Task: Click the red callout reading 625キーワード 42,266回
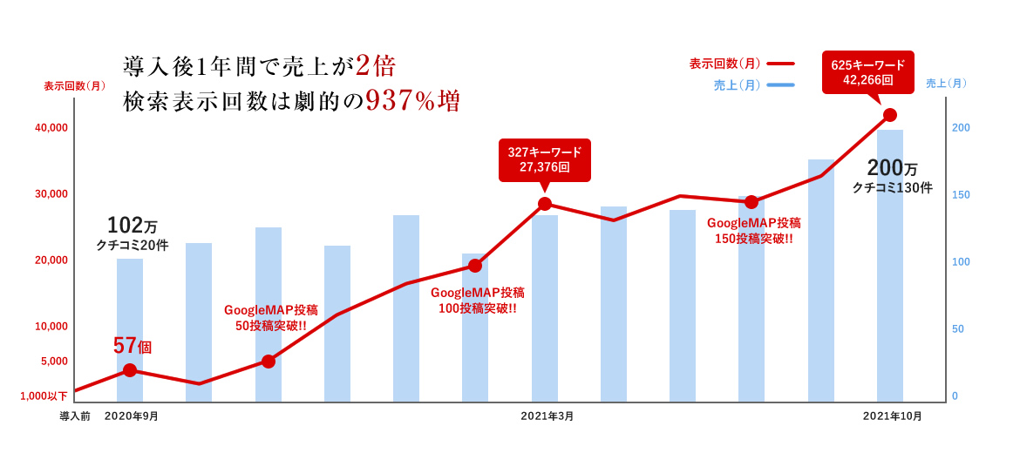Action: [x=867, y=72]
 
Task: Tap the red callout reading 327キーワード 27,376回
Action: [x=544, y=159]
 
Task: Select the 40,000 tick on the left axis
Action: [x=51, y=128]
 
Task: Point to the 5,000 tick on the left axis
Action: [x=54, y=362]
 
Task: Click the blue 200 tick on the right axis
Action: [x=961, y=128]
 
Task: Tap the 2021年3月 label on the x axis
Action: [x=547, y=416]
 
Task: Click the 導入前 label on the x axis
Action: [x=75, y=416]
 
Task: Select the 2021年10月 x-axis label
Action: [x=893, y=416]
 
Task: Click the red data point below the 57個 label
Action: [x=130, y=370]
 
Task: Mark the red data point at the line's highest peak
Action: [x=890, y=115]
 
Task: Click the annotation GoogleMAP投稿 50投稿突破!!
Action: [x=271, y=318]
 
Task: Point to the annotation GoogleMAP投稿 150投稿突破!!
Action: [x=754, y=231]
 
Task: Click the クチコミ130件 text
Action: [x=892, y=188]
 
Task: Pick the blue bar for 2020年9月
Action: [x=130, y=330]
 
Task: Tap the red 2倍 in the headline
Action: [x=376, y=65]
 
